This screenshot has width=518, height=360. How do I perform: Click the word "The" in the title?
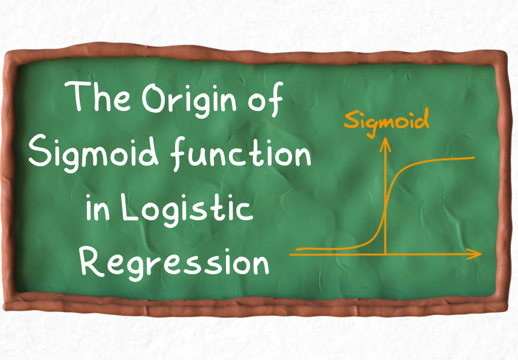(x=98, y=98)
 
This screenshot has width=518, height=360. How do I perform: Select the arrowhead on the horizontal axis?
(x=477, y=254)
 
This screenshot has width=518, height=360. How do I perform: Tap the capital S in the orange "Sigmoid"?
(x=350, y=121)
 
